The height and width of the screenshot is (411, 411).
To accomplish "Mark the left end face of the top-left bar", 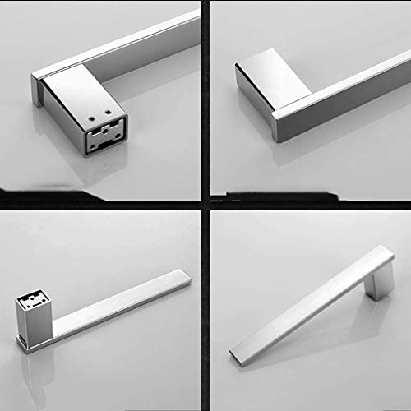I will click(36, 89).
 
